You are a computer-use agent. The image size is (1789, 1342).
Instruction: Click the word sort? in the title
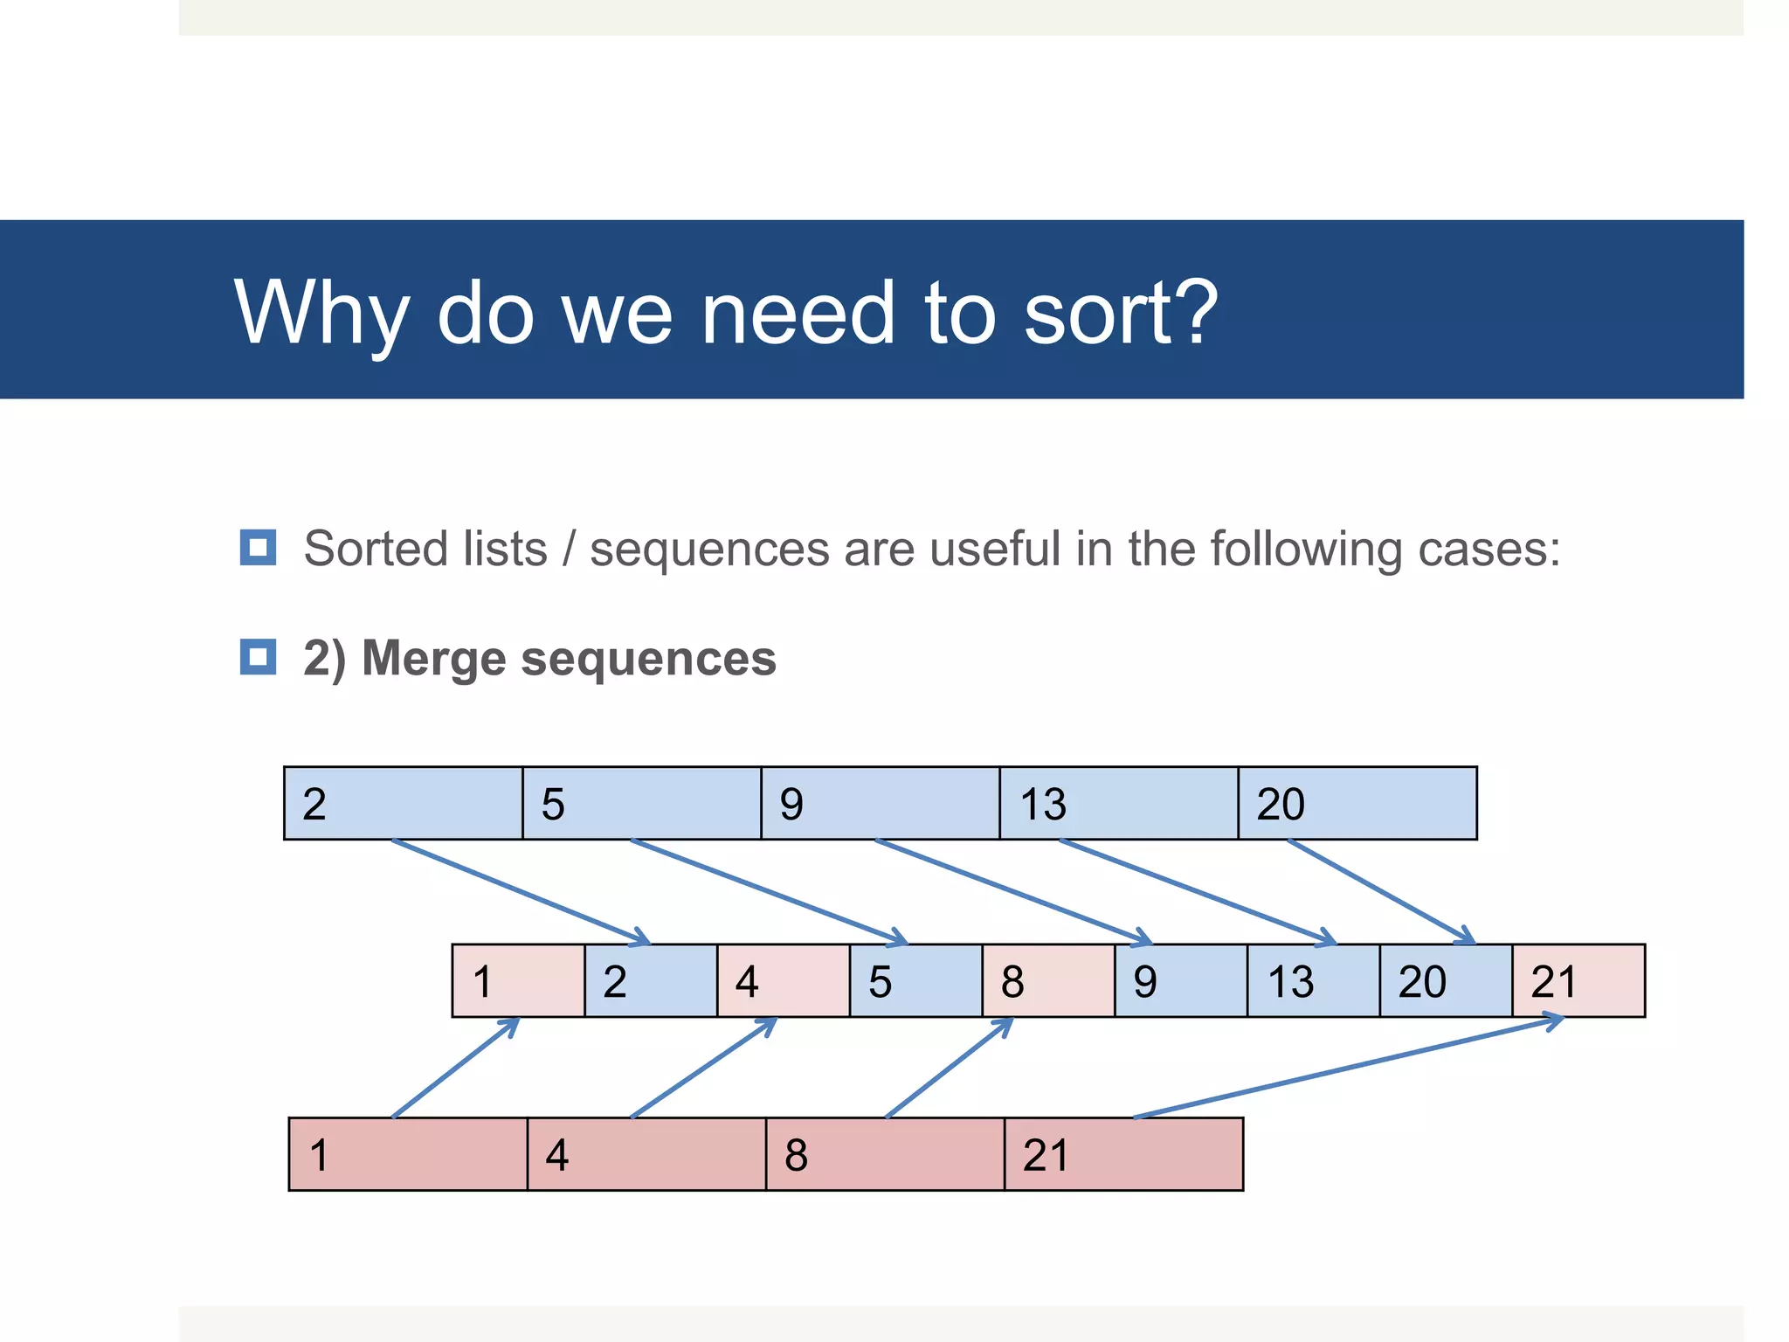pos(1120,312)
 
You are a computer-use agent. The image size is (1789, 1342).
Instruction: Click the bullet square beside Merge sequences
pos(258,657)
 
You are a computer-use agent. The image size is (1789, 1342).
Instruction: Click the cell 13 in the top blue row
pos(1118,803)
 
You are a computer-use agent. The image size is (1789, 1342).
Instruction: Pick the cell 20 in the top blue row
pos(1357,803)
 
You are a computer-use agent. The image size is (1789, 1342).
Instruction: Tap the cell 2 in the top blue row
pos(403,803)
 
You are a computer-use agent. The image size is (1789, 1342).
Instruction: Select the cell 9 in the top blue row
pos(880,803)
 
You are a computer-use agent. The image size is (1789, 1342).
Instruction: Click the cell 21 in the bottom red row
pos(1123,1154)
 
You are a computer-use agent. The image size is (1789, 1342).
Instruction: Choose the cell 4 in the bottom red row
pos(646,1154)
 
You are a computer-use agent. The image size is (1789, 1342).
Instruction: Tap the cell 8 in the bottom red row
pos(885,1154)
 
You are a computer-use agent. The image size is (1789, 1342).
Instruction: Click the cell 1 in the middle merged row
pos(518,980)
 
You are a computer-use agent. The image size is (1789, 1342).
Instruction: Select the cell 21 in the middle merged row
pos(1578,980)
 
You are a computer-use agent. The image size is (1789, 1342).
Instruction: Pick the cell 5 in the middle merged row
pos(915,980)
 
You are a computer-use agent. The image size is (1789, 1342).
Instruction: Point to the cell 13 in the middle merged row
pos(1313,980)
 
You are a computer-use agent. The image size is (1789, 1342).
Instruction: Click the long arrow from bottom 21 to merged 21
pos(1345,1069)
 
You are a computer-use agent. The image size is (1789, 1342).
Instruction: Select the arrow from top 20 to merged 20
pos(1380,891)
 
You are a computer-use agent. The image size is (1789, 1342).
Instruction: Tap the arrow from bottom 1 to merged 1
pos(454,1069)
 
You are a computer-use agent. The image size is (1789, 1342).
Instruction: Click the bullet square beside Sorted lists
pos(258,548)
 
